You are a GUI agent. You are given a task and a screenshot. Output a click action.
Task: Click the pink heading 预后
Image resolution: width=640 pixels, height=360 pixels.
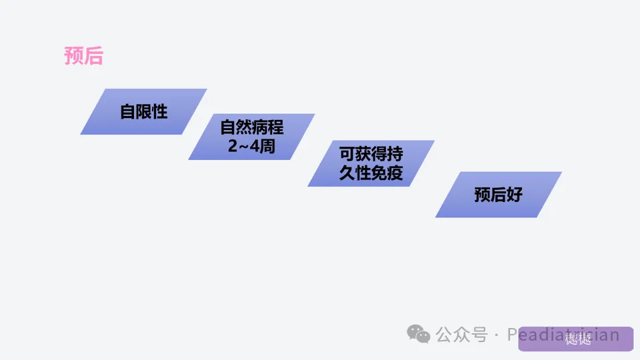83,56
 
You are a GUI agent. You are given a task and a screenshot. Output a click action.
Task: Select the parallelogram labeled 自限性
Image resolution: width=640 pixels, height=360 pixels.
143,111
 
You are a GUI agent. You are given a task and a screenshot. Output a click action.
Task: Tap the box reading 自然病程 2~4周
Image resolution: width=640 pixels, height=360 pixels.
251,137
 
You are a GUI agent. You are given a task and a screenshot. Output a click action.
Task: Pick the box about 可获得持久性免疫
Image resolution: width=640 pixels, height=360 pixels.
371,163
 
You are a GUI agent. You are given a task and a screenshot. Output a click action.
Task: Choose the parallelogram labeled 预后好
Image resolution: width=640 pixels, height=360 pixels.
498,195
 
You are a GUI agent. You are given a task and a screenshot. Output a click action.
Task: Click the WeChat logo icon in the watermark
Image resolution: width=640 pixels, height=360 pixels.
419,334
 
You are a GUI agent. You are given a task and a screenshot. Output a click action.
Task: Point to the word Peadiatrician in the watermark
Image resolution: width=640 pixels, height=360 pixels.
563,335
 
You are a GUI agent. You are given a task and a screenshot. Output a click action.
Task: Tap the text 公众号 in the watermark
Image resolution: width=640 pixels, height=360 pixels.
462,335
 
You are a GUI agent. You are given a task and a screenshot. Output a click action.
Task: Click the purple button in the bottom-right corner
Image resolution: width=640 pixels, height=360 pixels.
576,339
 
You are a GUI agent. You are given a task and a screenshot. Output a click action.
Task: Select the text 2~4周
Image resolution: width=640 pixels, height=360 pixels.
251,146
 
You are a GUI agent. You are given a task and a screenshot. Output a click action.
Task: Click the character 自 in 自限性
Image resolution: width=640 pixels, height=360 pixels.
127,111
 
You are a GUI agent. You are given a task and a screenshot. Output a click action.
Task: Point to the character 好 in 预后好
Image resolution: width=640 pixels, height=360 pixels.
514,195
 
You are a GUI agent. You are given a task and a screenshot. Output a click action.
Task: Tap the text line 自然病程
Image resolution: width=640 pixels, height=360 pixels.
251,127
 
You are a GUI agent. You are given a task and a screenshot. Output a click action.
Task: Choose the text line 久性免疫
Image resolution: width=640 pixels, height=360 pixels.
371,173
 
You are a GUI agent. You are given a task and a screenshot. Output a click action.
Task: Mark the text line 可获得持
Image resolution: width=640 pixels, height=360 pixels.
371,154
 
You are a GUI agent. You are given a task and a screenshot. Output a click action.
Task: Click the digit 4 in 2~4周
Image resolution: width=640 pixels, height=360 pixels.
255,146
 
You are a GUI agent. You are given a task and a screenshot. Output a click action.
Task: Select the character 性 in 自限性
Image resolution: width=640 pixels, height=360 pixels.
159,111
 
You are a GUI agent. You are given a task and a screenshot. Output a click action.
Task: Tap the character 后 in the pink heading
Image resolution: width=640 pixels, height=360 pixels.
93,56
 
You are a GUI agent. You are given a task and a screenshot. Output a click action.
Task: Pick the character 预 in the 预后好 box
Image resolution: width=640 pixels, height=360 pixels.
482,195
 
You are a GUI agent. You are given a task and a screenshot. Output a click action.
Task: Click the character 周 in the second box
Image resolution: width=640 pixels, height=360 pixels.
267,146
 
